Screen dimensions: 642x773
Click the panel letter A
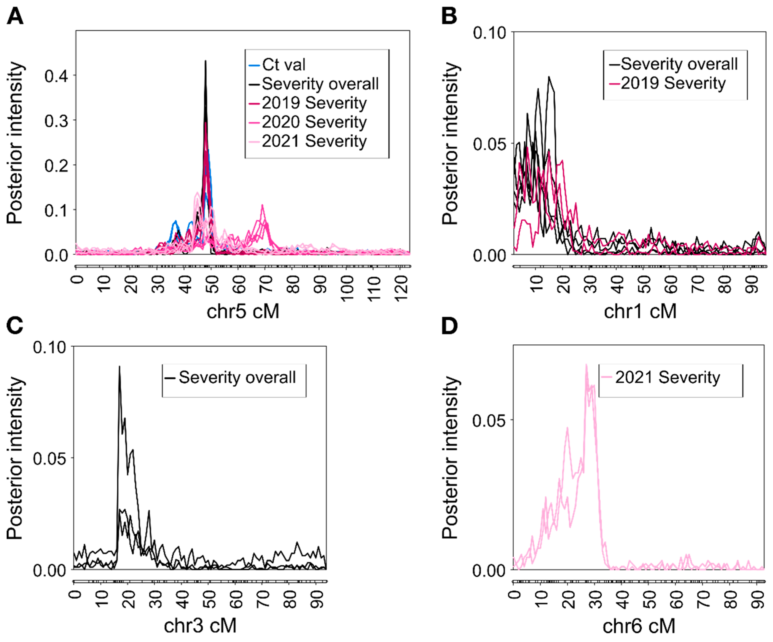click(x=15, y=17)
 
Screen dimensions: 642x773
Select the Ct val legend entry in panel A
click(x=284, y=65)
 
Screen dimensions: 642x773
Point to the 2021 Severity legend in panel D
click(x=667, y=377)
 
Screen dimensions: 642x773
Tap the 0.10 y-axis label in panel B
click(x=489, y=33)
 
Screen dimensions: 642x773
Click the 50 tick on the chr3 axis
click(x=209, y=600)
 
